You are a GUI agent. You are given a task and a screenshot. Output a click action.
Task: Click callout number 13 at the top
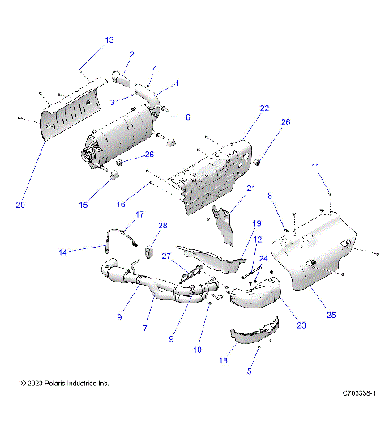tap(109, 40)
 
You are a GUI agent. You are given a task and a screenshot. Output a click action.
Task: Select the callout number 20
tap(21, 206)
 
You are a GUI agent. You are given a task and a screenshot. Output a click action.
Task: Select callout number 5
tap(247, 371)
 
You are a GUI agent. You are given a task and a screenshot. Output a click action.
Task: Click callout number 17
tap(139, 214)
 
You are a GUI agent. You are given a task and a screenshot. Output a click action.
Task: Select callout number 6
tap(187, 117)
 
